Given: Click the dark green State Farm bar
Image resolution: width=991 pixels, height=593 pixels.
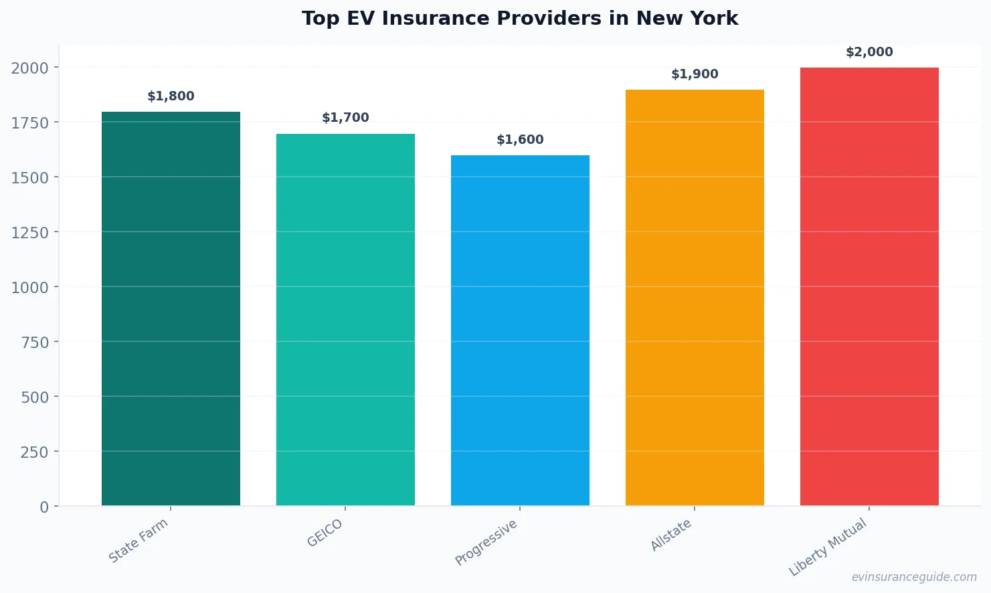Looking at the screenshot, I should tap(171, 309).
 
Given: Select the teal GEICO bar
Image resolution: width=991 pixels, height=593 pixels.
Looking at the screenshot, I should tap(345, 319).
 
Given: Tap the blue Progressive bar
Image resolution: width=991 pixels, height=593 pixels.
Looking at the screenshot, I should tap(520, 330).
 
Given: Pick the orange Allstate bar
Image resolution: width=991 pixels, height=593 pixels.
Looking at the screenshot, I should tap(695, 297).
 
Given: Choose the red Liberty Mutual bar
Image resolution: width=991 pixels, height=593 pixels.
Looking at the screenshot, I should tap(869, 286).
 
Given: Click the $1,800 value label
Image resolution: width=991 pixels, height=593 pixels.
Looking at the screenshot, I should tap(171, 96).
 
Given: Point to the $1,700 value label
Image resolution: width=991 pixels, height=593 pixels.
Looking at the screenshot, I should tap(345, 118).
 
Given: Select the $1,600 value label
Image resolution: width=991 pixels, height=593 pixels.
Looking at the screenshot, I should tap(520, 140).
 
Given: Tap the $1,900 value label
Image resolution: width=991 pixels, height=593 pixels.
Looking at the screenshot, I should tap(695, 74).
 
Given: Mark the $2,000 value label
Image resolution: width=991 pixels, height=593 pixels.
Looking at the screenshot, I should tap(869, 52).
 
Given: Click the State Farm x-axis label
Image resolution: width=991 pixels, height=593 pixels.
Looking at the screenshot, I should tap(139, 541).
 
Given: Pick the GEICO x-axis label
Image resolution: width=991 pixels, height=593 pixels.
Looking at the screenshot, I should tap(325, 533).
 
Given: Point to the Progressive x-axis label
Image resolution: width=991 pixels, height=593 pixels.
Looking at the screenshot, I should tap(486, 542).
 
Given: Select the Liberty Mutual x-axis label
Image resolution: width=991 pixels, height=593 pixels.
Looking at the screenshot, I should tap(828, 547).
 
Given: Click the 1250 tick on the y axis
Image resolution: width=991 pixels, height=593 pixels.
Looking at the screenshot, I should tap(30, 232).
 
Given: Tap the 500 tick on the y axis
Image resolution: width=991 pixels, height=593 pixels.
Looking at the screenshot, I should tap(35, 397).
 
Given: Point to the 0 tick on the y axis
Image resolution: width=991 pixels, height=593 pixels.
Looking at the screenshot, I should tap(44, 507).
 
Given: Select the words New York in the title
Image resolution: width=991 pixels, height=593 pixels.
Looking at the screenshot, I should tap(687, 19).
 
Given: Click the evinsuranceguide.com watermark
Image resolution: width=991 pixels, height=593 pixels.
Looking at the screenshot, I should tap(914, 577).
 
